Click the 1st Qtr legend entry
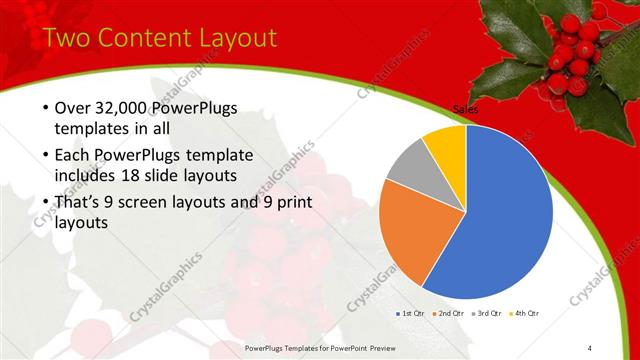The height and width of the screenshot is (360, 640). click(x=412, y=313)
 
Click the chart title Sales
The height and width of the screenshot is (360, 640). click(x=465, y=108)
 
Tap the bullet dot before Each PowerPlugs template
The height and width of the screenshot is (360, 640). click(x=46, y=155)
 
